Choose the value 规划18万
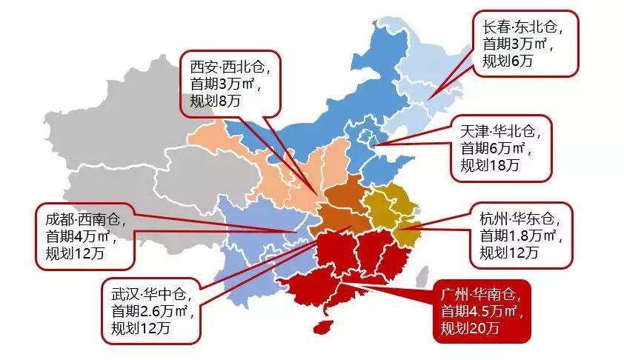point(489,166)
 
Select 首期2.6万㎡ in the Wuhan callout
point(151,309)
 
